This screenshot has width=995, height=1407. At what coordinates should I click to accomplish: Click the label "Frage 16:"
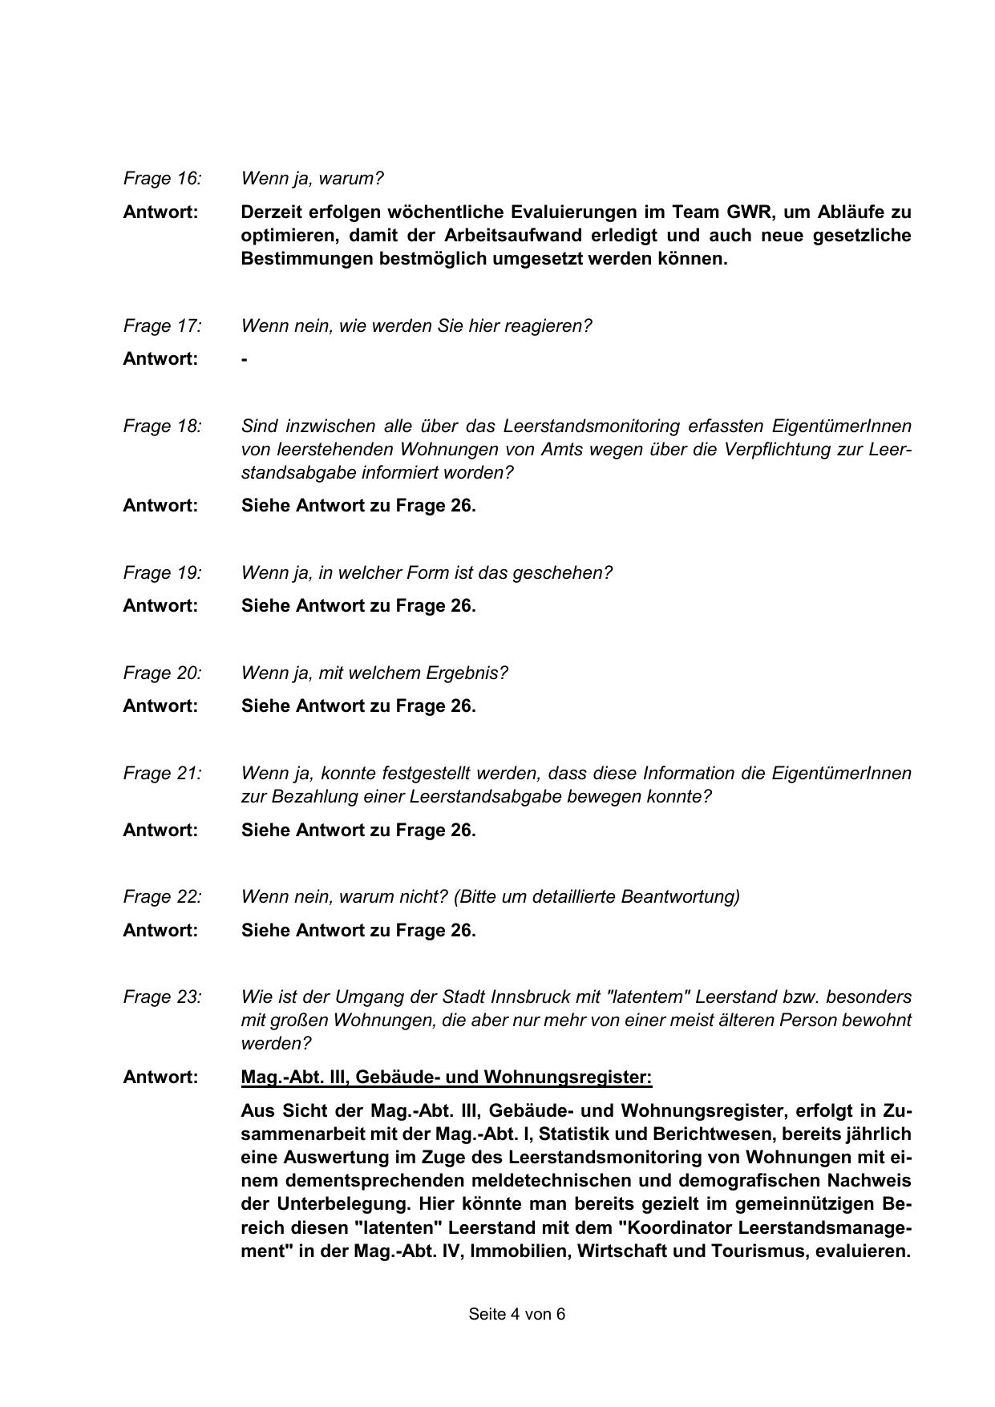pyautogui.click(x=162, y=179)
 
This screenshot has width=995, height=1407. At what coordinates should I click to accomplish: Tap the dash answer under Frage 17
pyautogui.click(x=245, y=359)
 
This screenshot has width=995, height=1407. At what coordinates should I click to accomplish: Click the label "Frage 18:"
pyautogui.click(x=162, y=427)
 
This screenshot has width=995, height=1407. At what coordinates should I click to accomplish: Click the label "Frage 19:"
pyautogui.click(x=162, y=573)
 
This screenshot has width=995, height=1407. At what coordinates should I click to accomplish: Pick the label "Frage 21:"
pyautogui.click(x=162, y=774)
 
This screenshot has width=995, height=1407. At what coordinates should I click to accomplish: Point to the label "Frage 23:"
pyautogui.click(x=162, y=997)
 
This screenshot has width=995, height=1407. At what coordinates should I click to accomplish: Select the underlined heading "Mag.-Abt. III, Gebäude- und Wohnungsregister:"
pyautogui.click(x=447, y=1077)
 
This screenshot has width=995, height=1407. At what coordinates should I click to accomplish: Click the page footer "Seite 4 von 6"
pyautogui.click(x=517, y=1314)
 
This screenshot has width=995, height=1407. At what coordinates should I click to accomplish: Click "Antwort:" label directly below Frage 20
pyautogui.click(x=160, y=706)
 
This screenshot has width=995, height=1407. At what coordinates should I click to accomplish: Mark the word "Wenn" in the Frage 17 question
pyautogui.click(x=262, y=326)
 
